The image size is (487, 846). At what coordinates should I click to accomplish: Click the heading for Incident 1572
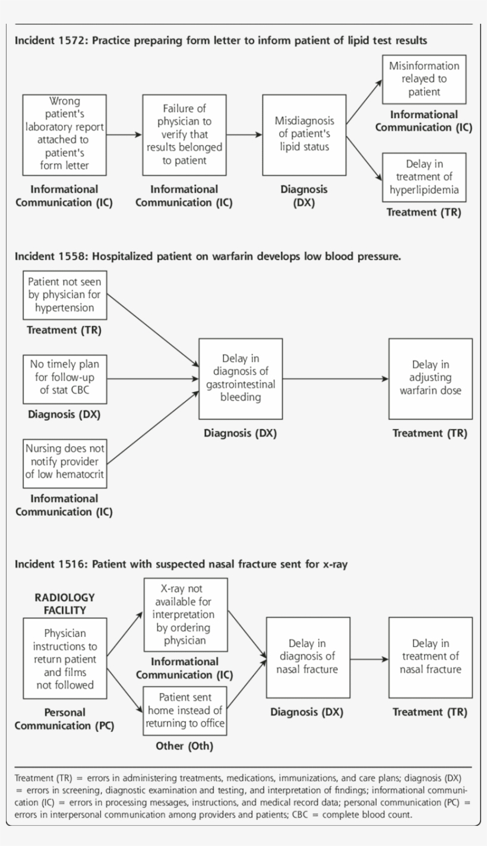tap(220, 41)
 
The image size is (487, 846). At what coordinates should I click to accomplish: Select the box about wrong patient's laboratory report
tap(64, 134)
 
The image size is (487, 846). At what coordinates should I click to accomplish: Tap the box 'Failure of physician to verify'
tap(184, 134)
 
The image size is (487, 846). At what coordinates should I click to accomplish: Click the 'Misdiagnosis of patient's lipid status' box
tap(304, 134)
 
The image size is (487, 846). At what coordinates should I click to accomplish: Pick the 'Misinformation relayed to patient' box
tap(423, 79)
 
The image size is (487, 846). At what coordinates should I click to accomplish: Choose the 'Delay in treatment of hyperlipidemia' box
tap(423, 177)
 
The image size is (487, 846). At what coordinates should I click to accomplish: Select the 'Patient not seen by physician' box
tap(64, 295)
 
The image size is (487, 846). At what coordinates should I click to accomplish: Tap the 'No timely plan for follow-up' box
tap(64, 380)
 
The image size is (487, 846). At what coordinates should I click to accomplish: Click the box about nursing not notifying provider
tap(64, 462)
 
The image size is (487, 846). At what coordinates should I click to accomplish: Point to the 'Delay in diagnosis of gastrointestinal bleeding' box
tap(241, 378)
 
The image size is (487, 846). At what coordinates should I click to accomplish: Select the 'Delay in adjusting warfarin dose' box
tap(430, 378)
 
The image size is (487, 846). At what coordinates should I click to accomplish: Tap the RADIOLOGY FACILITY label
tap(64, 604)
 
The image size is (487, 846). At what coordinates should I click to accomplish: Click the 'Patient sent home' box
tap(185, 710)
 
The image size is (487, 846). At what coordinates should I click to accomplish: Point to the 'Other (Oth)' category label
tap(185, 746)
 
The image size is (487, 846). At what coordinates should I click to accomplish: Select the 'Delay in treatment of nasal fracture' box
tap(430, 657)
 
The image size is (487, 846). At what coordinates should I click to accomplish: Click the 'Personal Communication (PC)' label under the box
tap(64, 719)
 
